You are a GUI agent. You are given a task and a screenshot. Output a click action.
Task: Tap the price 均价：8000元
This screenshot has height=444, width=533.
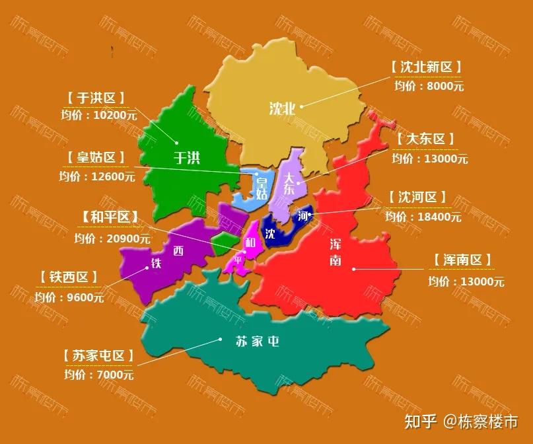(x=429, y=85)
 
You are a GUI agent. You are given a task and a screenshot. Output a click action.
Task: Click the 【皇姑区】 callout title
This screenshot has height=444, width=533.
(x=96, y=158)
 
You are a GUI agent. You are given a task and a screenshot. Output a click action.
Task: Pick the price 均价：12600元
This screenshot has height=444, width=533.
(x=96, y=176)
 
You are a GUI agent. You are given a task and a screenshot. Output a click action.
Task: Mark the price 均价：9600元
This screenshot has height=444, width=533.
(x=69, y=297)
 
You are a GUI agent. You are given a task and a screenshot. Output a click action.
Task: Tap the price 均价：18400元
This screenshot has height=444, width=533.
(x=423, y=217)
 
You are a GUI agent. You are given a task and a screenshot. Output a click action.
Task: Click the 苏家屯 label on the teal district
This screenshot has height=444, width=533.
(x=258, y=342)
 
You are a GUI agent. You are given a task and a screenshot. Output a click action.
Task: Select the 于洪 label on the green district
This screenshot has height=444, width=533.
(x=186, y=157)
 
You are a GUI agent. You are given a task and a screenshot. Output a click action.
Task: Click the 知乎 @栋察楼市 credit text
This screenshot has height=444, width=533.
(x=460, y=421)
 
